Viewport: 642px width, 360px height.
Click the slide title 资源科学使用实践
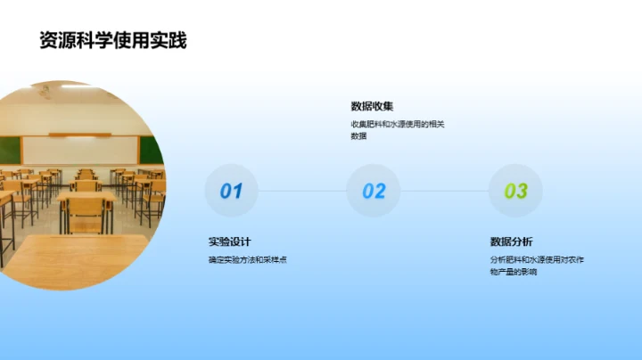(x=113, y=40)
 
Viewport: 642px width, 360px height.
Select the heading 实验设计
(x=229, y=241)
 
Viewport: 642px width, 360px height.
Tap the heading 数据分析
(x=511, y=241)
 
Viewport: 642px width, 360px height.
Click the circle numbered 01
(x=231, y=191)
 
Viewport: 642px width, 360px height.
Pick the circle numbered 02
(x=374, y=191)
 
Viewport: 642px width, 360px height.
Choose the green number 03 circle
(x=515, y=191)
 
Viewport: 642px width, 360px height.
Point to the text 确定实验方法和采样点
(x=247, y=260)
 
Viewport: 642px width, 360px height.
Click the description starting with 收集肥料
(x=397, y=125)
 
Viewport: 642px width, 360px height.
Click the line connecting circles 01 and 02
(x=302, y=191)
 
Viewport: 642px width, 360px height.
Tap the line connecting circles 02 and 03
(x=445, y=191)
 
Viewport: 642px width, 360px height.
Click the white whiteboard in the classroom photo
(x=80, y=150)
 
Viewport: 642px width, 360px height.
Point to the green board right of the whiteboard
(x=152, y=150)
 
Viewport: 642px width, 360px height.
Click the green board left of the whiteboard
(x=9, y=150)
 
